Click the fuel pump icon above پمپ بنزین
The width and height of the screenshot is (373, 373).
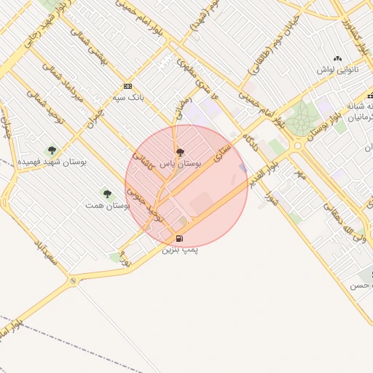(x=179, y=238)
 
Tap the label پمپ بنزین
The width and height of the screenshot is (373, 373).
(x=180, y=250)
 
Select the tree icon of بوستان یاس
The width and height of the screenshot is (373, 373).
(x=180, y=152)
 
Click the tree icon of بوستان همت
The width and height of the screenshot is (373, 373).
(x=107, y=194)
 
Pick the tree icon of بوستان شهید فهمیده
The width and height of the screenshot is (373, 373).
(x=51, y=149)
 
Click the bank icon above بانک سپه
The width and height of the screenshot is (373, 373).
(x=127, y=86)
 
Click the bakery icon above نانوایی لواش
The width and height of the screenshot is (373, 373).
(x=337, y=58)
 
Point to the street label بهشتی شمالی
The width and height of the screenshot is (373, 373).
(x=94, y=55)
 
